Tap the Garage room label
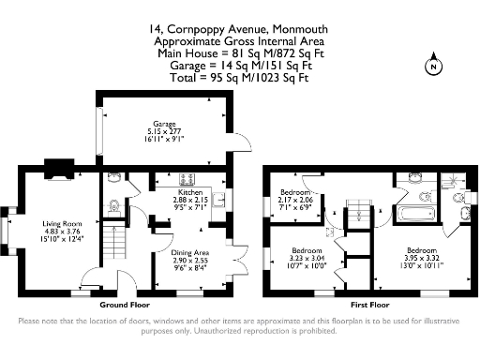165,124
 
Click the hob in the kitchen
181,178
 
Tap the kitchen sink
216,198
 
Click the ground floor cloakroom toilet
113,206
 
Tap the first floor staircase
357,215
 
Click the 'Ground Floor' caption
125,306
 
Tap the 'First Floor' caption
369,306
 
